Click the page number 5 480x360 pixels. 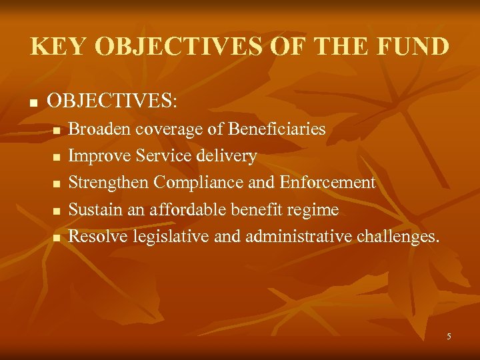click(x=449, y=337)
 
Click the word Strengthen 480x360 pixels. click(x=109, y=183)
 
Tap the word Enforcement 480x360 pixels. click(x=328, y=183)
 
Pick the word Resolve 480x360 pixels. click(x=99, y=237)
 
